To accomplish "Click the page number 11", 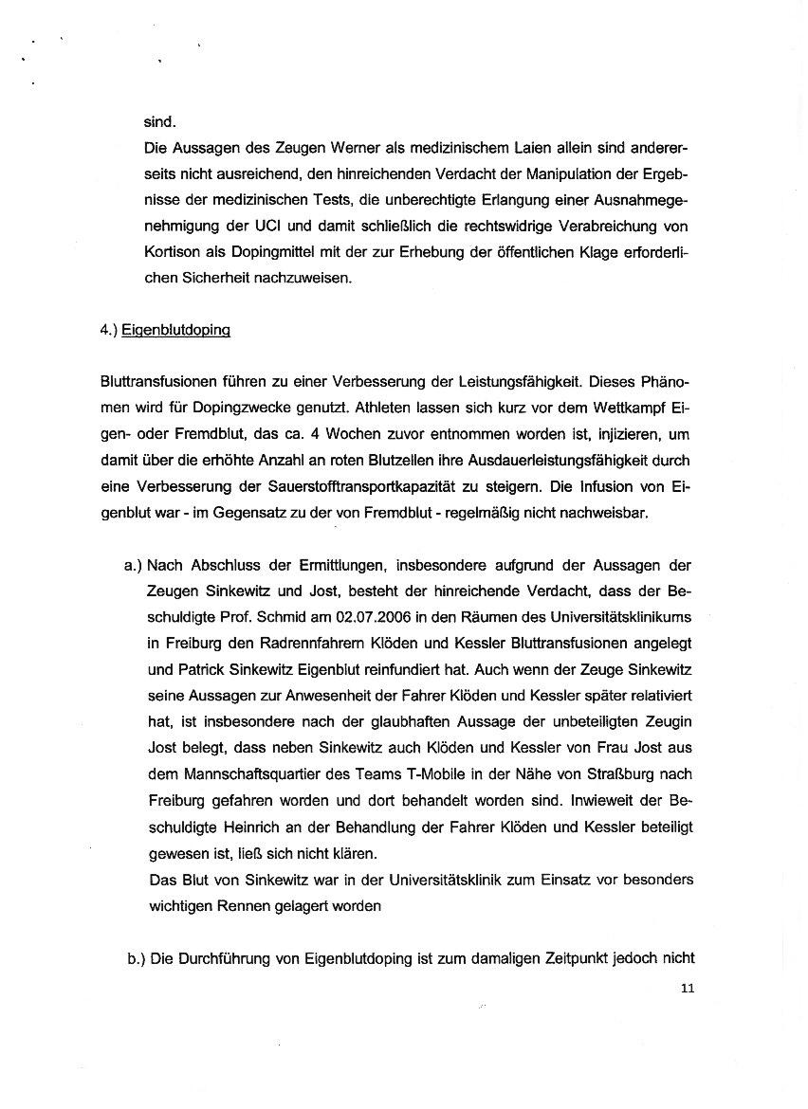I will [688, 989].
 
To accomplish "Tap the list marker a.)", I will [132, 567].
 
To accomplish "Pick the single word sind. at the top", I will [159, 122].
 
